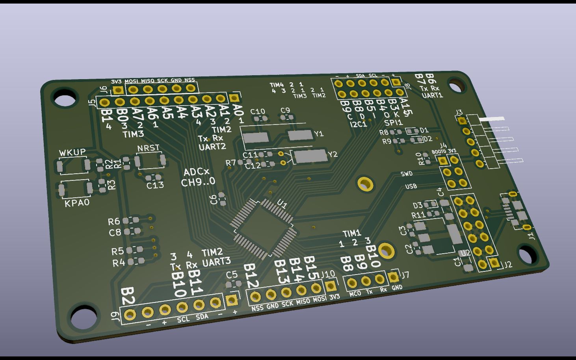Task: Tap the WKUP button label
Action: [x=72, y=152]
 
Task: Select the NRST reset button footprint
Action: [x=150, y=160]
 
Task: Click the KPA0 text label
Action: [x=77, y=203]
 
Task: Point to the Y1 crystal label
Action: [x=319, y=134]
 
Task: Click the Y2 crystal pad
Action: [x=311, y=156]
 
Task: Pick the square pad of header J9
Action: [x=232, y=301]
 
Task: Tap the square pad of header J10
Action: [x=331, y=286]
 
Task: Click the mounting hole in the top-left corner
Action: [x=65, y=98]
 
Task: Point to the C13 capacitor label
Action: [x=155, y=185]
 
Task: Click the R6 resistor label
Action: [x=114, y=222]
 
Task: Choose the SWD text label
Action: [x=407, y=174]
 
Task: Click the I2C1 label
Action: [x=358, y=124]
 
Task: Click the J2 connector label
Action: [x=508, y=265]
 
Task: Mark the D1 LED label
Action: [x=424, y=130]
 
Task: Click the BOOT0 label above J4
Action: [x=439, y=151]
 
